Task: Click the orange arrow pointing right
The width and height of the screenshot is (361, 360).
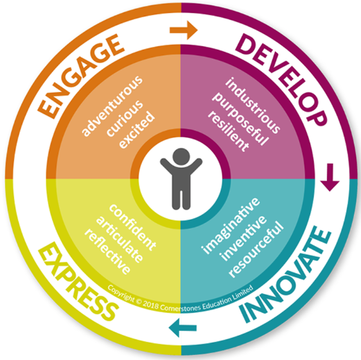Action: [184, 30]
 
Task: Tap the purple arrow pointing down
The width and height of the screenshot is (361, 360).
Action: [330, 177]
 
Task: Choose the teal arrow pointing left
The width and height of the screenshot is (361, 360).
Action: [183, 327]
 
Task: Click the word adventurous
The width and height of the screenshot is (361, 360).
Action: [112, 106]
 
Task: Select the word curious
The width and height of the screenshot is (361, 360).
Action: [124, 118]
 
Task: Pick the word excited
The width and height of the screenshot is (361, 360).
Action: [137, 130]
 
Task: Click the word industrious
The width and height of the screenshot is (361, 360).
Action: [253, 106]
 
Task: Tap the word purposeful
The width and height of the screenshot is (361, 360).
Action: [240, 118]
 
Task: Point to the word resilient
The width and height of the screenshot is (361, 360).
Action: [229, 132]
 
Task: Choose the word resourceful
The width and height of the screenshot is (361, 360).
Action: [256, 250]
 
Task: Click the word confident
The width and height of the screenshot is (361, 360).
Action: [132, 227]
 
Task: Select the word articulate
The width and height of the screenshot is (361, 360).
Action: [119, 239]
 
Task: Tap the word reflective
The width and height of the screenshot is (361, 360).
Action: [107, 251]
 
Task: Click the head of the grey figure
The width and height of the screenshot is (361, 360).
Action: [181, 157]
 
